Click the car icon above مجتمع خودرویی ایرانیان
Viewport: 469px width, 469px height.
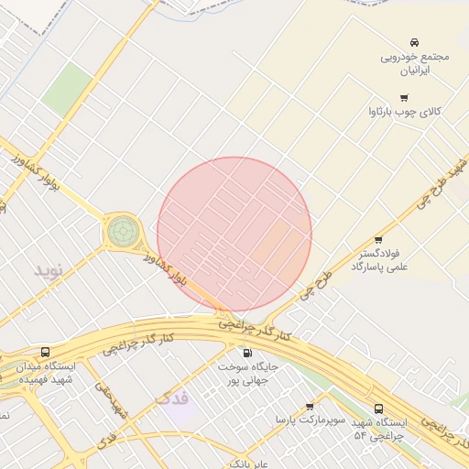pyautogui.click(x=415, y=42)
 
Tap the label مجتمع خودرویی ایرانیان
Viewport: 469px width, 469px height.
pyautogui.click(x=415, y=63)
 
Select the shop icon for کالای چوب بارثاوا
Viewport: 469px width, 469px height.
pyautogui.click(x=403, y=97)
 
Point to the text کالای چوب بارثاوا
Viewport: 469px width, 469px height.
pyautogui.click(x=404, y=111)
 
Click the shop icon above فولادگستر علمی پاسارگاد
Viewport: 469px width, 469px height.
pyautogui.click(x=378, y=239)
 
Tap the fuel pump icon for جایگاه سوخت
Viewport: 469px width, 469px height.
pyautogui.click(x=246, y=353)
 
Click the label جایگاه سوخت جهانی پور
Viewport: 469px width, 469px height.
pyautogui.click(x=247, y=373)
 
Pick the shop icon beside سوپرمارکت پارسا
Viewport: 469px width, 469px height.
pyautogui.click(x=309, y=406)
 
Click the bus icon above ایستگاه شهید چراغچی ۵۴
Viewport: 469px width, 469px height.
pyautogui.click(x=378, y=409)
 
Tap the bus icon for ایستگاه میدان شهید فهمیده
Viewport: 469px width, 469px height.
pyautogui.click(x=46, y=352)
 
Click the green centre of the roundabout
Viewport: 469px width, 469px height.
pyautogui.click(x=123, y=231)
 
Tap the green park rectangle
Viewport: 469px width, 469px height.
pyautogui.click(x=67, y=90)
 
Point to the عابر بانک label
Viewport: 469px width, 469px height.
pyautogui.click(x=247, y=464)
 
